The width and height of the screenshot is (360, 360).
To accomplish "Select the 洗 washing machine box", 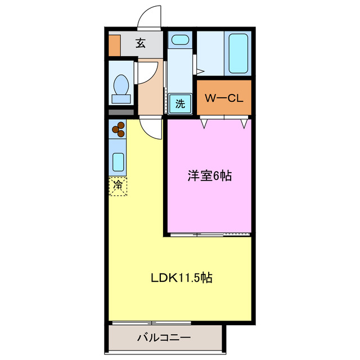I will [179, 103].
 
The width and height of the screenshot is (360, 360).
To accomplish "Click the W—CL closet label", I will [223, 98].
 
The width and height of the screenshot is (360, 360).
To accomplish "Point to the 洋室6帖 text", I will [209, 176].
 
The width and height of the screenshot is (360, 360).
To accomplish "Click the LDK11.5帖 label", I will [181, 278].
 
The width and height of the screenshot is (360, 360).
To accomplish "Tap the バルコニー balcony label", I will [164, 338].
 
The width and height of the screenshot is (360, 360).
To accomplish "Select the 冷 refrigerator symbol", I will [118, 186].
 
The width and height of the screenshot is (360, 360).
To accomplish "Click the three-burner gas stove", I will [118, 130].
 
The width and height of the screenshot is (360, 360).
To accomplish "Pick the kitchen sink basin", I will [118, 161].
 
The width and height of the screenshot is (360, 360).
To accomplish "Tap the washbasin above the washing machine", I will [180, 40].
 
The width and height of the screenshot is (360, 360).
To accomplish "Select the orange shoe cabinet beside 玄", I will [114, 46].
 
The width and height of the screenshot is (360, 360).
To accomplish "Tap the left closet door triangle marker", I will [205, 122].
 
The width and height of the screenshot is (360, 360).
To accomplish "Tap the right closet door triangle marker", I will [244, 122].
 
